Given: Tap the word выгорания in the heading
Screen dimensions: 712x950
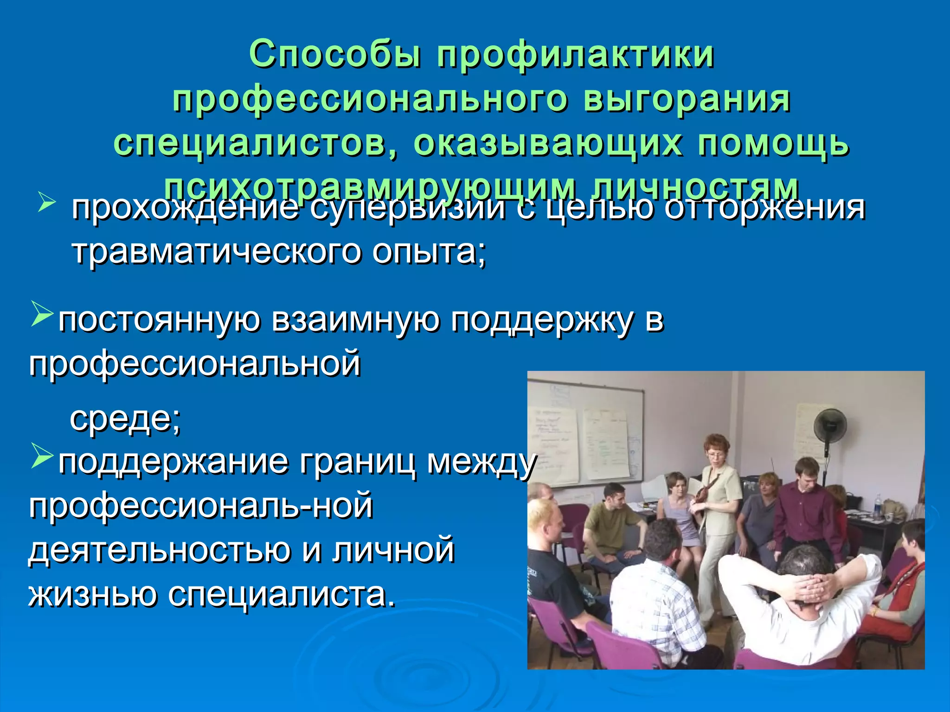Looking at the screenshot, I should pos(687,100).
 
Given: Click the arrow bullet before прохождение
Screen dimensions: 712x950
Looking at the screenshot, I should pos(47,202).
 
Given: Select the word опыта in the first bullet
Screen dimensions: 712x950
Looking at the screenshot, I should pos(430,253).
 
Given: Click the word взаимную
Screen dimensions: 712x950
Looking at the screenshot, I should pos(355,321).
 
